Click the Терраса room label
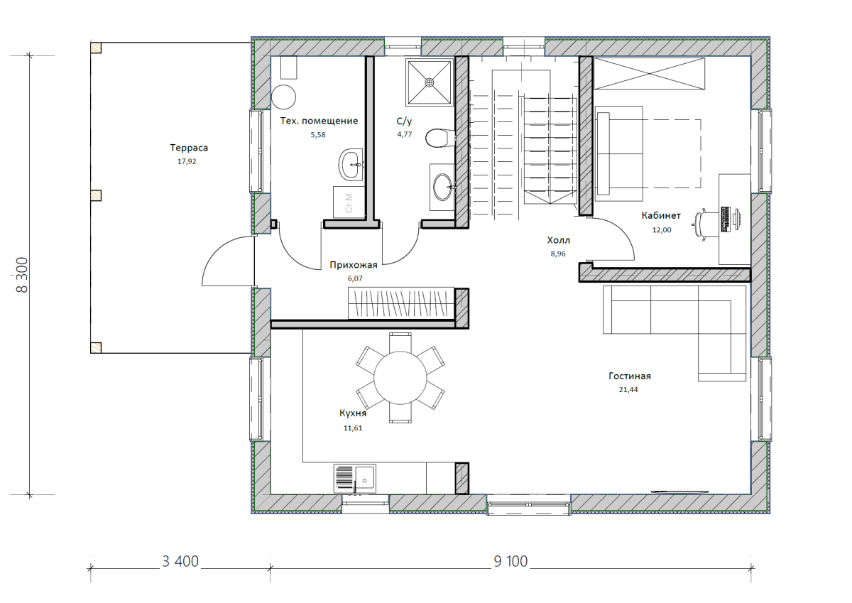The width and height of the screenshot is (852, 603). pyautogui.click(x=189, y=148)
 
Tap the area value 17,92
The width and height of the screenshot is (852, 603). pyautogui.click(x=187, y=161)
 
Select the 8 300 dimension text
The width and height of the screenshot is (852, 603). pyautogui.click(x=22, y=275)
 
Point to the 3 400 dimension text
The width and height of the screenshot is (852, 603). pyautogui.click(x=180, y=562)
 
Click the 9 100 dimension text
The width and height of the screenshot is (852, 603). pyautogui.click(x=510, y=562)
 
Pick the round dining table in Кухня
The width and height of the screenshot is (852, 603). pyautogui.click(x=400, y=378)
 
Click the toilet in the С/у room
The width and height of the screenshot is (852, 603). pyautogui.click(x=440, y=138)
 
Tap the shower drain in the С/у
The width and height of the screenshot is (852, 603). pyautogui.click(x=430, y=82)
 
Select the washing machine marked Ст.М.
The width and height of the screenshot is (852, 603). pyautogui.click(x=349, y=202)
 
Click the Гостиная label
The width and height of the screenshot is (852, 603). pyautogui.click(x=630, y=376)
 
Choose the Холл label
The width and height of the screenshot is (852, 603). pyautogui.click(x=558, y=240)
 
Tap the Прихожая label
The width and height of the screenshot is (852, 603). pyautogui.click(x=354, y=265)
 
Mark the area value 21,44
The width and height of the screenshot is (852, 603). pyautogui.click(x=628, y=390)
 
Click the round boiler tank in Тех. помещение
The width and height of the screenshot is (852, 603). pyautogui.click(x=283, y=97)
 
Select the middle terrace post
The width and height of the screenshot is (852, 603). pyautogui.click(x=96, y=195)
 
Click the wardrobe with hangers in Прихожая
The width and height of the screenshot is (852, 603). pyautogui.click(x=401, y=303)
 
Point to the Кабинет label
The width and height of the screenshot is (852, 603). pyautogui.click(x=661, y=216)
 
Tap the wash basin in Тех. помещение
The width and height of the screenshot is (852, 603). pyautogui.click(x=351, y=165)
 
